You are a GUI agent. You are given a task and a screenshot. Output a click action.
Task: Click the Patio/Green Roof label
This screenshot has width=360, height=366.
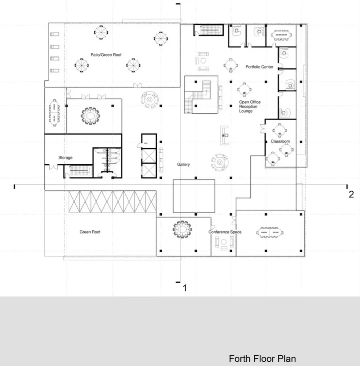pyautogui.click(x=106, y=55)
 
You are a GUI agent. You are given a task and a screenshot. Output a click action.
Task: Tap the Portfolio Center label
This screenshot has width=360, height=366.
pyautogui.click(x=259, y=67)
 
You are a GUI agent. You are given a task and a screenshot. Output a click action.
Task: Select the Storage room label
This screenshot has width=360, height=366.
pyautogui.click(x=65, y=157)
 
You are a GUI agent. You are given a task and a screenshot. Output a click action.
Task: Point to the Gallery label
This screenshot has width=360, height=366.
pyautogui.click(x=183, y=164)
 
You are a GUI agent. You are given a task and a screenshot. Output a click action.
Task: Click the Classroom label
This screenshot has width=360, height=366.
pyautogui.click(x=280, y=141)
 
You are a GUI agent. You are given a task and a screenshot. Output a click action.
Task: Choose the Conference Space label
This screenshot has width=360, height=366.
pyautogui.click(x=225, y=232)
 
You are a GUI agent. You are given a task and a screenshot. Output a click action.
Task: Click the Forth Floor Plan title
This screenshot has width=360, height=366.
pyautogui.click(x=262, y=358)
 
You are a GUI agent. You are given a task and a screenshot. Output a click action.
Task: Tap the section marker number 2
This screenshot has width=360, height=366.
pyautogui.click(x=351, y=194)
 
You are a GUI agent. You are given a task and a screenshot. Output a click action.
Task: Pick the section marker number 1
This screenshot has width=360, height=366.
pyautogui.click(x=185, y=288)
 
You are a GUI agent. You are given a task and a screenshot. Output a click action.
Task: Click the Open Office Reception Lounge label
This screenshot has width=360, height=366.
pyautogui.click(x=250, y=106)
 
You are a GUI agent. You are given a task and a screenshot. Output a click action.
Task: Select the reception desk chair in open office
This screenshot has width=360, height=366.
pyautogui.click(x=226, y=135)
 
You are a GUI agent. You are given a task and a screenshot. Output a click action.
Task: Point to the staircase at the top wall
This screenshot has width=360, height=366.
pyautogui.click(x=208, y=30)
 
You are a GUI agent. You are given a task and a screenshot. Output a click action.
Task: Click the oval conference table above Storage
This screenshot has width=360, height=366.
pyautogui.click(x=91, y=116)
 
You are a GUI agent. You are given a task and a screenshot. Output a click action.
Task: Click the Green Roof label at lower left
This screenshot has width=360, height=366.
pyautogui.click(x=90, y=232)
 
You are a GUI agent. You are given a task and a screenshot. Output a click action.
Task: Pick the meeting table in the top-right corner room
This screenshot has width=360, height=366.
pyautogui.click(x=281, y=35)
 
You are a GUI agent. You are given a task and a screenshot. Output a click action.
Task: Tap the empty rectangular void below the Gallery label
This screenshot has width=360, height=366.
pyautogui.click(x=194, y=196)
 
